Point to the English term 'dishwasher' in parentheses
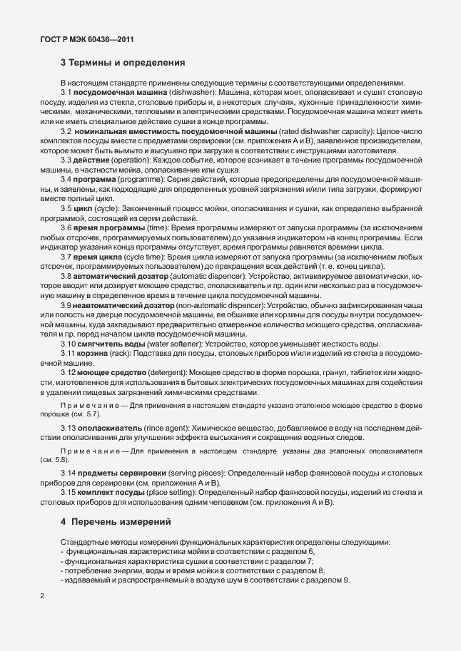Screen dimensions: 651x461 coord(193,93)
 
